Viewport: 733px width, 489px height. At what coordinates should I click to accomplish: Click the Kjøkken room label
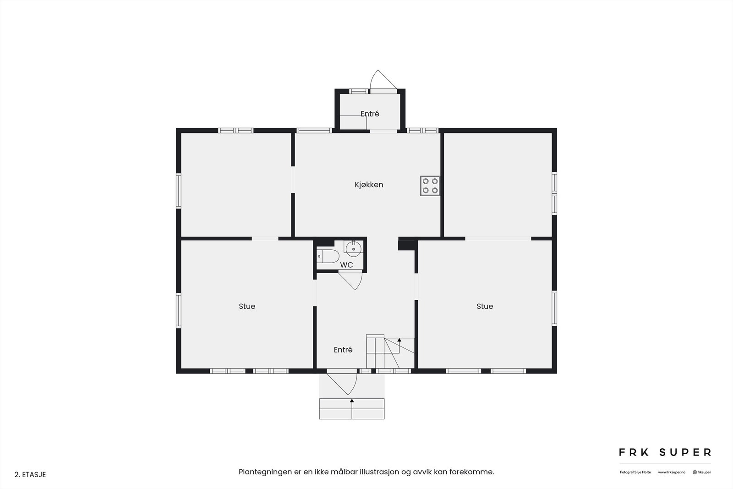(x=368, y=185)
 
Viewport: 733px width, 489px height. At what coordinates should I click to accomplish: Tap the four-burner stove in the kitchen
(x=430, y=186)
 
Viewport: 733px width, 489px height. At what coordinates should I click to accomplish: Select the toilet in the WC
(x=328, y=256)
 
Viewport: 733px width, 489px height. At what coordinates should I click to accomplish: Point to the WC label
(x=346, y=265)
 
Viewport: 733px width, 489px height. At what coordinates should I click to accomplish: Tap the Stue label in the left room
(x=247, y=306)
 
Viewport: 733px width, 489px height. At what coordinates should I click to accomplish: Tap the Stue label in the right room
(x=485, y=306)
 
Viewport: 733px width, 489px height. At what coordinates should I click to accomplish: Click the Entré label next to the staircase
(x=343, y=350)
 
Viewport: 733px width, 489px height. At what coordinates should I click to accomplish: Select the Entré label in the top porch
(x=370, y=114)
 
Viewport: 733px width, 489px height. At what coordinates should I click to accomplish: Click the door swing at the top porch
(x=380, y=80)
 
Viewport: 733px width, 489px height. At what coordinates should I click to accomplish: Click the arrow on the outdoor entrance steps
(x=352, y=401)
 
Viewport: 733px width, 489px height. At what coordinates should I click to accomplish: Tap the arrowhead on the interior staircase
(x=399, y=340)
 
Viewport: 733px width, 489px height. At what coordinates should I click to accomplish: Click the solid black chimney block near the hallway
(x=406, y=245)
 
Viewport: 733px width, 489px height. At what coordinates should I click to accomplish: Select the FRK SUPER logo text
(x=665, y=452)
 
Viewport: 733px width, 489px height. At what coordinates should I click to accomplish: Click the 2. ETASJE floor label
(x=30, y=475)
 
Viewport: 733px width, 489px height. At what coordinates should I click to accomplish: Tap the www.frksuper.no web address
(x=672, y=472)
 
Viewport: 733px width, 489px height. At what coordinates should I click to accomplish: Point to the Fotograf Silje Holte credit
(x=635, y=472)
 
